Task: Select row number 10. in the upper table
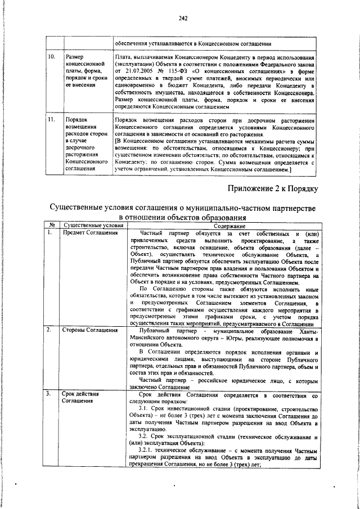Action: pos(50,57)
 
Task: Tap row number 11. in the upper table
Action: pos(50,121)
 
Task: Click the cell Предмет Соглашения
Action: pos(88,232)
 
